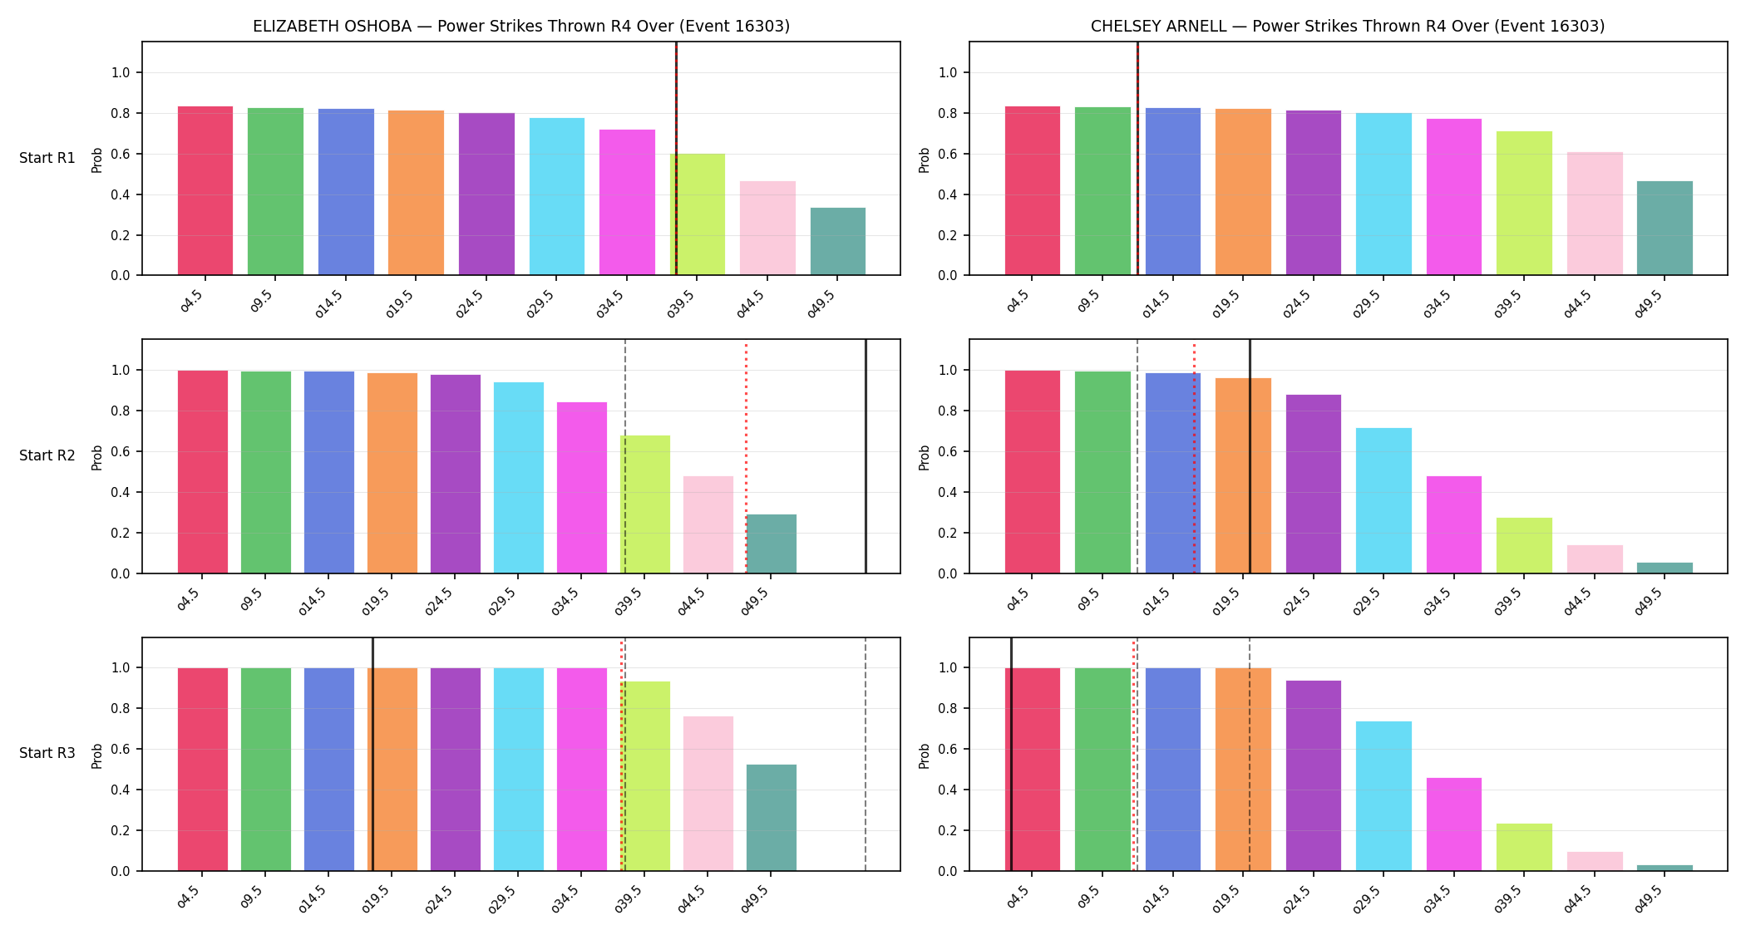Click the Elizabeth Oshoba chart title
coord(521,26)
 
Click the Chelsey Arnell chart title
coord(1348,26)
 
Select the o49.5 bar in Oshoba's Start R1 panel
coord(838,241)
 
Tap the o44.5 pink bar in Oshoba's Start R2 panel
coord(708,524)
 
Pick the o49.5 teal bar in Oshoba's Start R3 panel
coord(772,818)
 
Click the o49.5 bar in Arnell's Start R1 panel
coord(1665,228)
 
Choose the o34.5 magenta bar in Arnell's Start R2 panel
coord(1454,524)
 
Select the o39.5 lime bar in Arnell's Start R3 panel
coord(1524,847)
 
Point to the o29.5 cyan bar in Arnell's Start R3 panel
coord(1383,796)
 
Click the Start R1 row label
coord(47,158)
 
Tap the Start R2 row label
coord(47,455)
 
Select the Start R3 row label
coord(47,753)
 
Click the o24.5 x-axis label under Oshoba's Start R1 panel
coord(471,303)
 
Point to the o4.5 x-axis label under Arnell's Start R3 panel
coord(1018,897)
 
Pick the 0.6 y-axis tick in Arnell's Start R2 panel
coord(949,452)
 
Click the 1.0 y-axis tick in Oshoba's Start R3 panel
coord(121,667)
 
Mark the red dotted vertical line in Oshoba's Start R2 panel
coord(746,456)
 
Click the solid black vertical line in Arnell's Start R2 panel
coord(1250,456)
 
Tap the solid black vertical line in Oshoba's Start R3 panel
coord(372,755)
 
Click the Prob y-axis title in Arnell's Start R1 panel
coord(925,160)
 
